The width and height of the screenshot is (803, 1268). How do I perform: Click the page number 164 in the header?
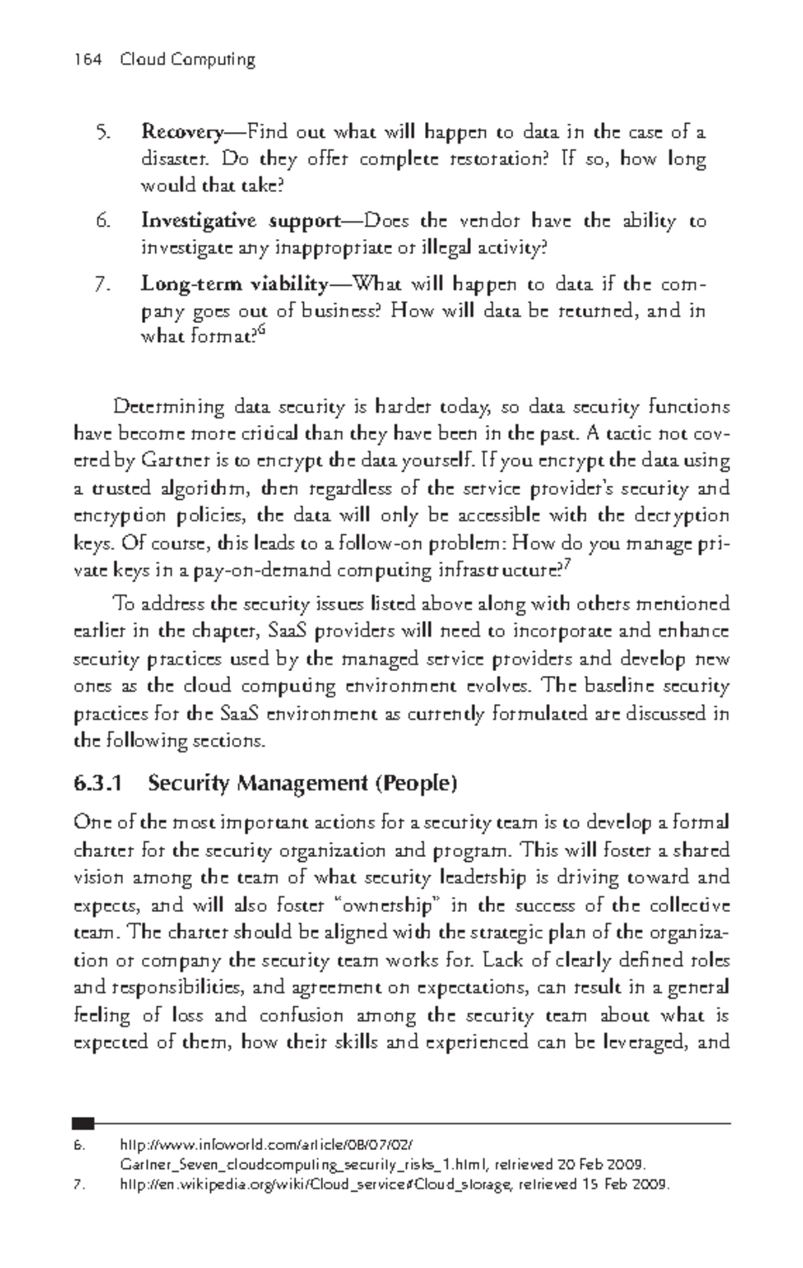87,60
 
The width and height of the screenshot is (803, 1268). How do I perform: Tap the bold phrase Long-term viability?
235,284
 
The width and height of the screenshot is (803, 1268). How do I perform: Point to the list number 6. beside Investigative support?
102,221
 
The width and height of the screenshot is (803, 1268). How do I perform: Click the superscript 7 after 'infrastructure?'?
567,567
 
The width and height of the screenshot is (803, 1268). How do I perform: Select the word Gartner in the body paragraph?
168,461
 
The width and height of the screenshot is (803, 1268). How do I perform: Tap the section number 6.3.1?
98,783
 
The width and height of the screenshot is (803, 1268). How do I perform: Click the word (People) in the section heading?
416,783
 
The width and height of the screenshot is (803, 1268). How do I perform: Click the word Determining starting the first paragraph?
169,407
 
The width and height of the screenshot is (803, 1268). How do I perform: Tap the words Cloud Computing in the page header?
188,60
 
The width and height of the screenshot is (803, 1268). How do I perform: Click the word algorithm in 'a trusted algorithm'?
205,488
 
